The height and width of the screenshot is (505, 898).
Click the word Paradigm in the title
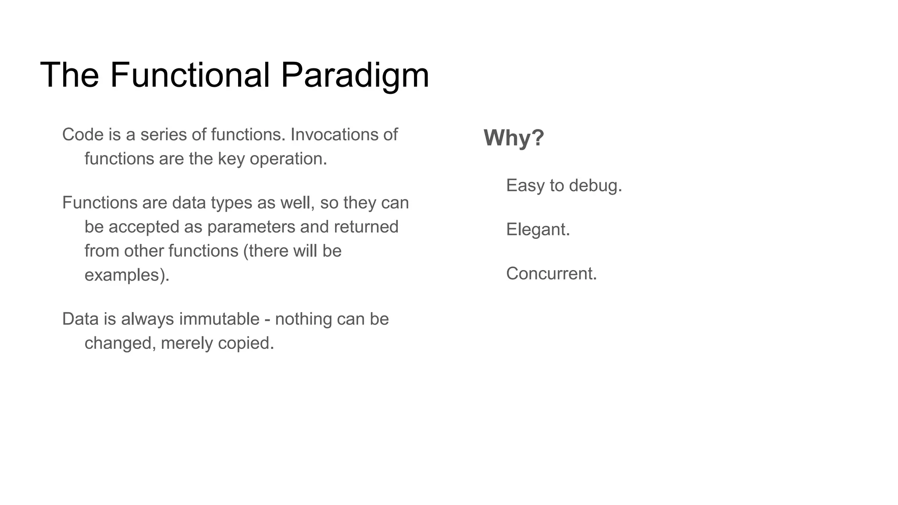[x=354, y=75]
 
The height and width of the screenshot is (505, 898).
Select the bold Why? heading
[x=513, y=138]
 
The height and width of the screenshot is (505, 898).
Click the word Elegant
[x=538, y=229]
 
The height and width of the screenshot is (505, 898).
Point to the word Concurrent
[x=551, y=274]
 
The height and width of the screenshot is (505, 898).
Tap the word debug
[x=595, y=186]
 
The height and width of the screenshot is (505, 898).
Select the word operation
[x=288, y=159]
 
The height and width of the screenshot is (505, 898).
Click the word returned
[x=366, y=227]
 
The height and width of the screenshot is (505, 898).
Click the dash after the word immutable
[x=267, y=320]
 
